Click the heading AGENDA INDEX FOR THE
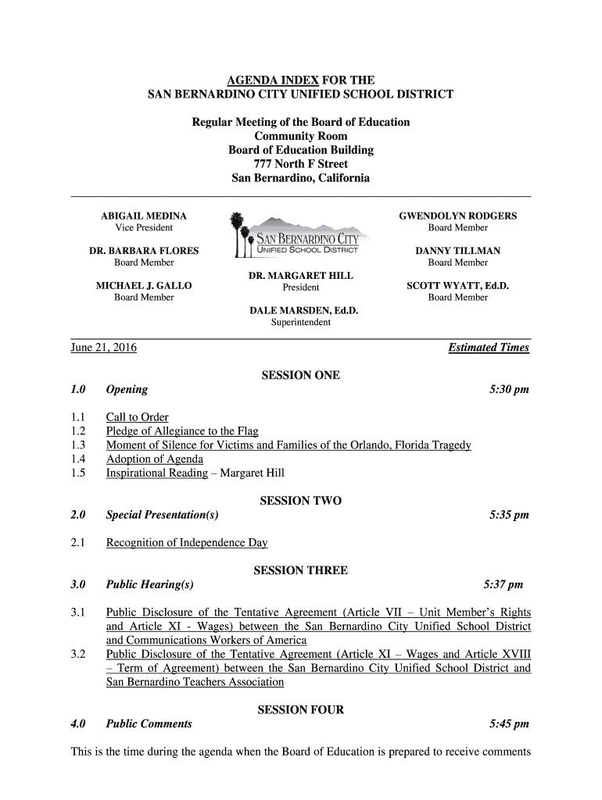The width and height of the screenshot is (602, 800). tap(300, 80)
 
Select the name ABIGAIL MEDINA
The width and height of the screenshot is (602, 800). tap(144, 216)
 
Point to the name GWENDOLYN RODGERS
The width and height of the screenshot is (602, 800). tap(457, 216)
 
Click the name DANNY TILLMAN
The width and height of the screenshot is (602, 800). tap(457, 251)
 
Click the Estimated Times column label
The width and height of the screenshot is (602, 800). tap(489, 348)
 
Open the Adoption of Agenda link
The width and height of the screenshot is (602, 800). tap(154, 459)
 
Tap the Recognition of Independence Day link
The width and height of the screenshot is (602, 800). tap(187, 542)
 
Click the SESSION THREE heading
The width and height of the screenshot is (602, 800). tap(300, 570)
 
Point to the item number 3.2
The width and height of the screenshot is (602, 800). tap(77, 654)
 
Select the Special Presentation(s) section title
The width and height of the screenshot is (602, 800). tap(162, 515)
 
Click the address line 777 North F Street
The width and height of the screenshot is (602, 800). tap(300, 164)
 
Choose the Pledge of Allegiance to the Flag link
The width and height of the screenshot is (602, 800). tap(182, 431)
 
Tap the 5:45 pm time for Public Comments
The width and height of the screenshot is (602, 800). tap(509, 723)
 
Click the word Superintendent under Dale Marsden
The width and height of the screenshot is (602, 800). tap(300, 322)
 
